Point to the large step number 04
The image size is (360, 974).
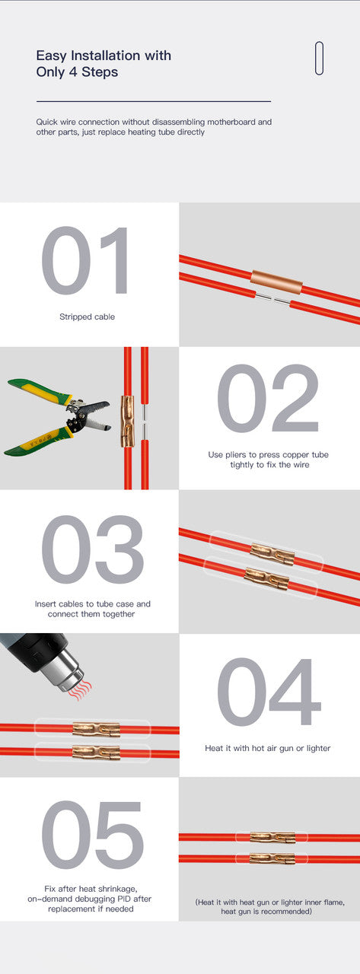[268, 692]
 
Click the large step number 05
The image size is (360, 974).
[91, 836]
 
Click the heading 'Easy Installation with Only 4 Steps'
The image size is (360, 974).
[104, 64]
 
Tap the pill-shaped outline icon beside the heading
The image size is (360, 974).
[319, 58]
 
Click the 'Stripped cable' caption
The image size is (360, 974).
[87, 317]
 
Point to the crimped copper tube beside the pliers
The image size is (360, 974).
[127, 421]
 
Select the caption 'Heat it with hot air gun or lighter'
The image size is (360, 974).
[268, 748]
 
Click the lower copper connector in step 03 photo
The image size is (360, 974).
[266, 579]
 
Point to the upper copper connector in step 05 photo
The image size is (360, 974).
[272, 837]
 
